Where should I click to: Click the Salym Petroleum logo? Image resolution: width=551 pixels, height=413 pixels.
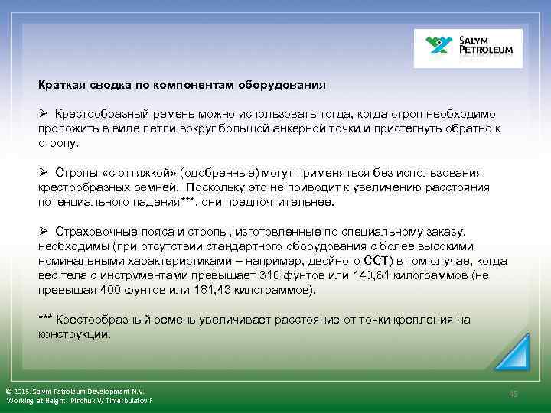(468, 48)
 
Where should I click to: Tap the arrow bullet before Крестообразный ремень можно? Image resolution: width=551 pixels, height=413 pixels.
(44, 113)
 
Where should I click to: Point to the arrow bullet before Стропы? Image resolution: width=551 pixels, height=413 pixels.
(44, 173)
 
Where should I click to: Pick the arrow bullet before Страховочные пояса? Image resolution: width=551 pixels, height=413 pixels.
(44, 232)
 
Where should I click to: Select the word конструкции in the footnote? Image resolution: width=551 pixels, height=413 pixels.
(73, 334)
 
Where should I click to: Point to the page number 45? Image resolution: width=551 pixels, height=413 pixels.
(513, 393)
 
